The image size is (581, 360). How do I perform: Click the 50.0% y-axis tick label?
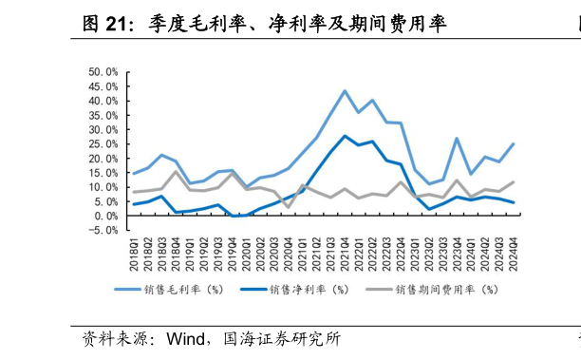click(x=103, y=71)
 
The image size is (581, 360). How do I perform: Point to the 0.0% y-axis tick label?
click(x=105, y=216)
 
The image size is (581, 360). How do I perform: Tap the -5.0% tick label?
click(x=103, y=230)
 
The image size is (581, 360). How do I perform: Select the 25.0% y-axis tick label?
click(x=103, y=143)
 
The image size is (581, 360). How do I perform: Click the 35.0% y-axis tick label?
click(x=103, y=115)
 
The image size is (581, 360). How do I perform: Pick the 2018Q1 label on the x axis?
click(x=134, y=256)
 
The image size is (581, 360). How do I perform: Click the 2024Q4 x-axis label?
click(x=514, y=256)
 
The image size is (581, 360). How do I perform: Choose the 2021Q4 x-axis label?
click(x=345, y=256)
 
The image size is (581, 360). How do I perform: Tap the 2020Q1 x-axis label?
click(x=246, y=256)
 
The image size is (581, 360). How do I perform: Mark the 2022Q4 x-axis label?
click(x=401, y=256)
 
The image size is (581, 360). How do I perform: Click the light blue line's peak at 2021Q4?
click(x=345, y=91)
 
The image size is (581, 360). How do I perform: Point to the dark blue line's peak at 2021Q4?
click(x=345, y=136)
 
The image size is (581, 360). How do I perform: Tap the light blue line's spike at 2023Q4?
click(x=457, y=139)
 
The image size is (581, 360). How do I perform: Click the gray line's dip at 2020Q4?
click(x=288, y=207)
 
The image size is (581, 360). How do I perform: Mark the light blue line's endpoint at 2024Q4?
click(x=514, y=144)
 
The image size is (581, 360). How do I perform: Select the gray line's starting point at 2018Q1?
click(x=134, y=193)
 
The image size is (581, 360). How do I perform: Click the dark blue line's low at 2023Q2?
click(x=429, y=209)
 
